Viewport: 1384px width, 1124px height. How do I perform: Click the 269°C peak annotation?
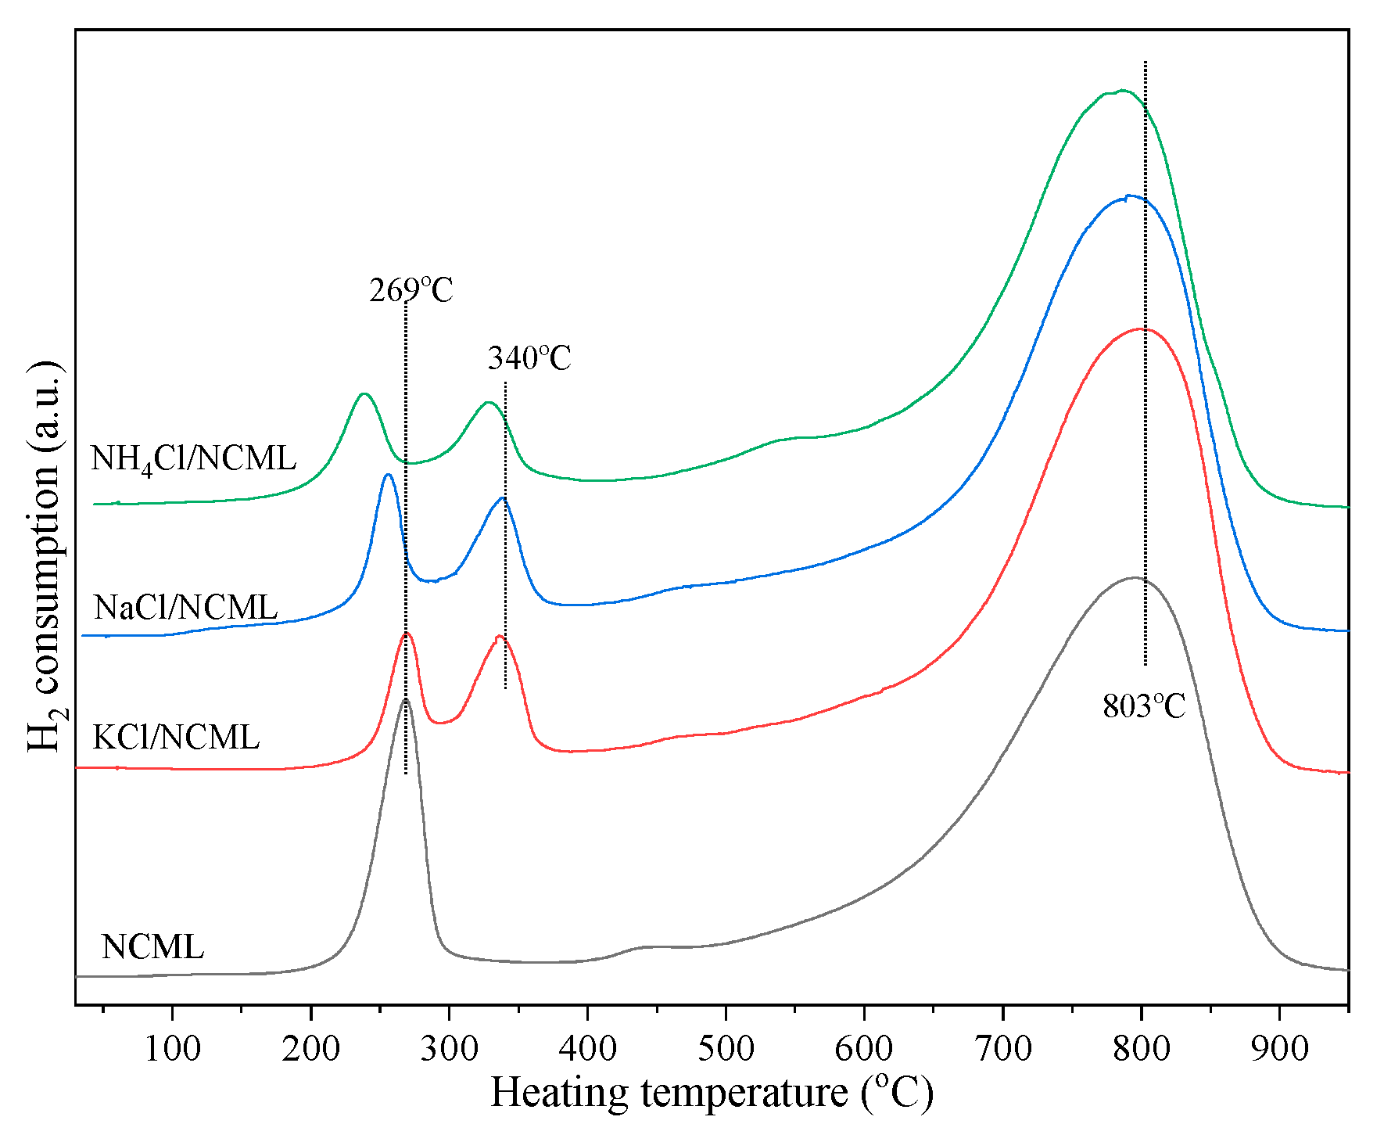pos(411,290)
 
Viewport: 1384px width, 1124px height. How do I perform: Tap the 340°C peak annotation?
pos(529,358)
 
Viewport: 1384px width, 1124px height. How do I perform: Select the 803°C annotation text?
pos(1144,706)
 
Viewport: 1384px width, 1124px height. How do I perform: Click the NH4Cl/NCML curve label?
pos(193,458)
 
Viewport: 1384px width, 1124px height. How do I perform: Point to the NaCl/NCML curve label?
pos(185,608)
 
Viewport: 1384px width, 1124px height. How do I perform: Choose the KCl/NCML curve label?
pos(176,738)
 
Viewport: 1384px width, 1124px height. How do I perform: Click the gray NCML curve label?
pos(152,947)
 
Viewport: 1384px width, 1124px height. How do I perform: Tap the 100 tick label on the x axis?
pos(172,1049)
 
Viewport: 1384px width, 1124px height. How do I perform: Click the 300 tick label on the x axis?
pos(449,1049)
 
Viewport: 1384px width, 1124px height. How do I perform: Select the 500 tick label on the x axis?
pos(726,1049)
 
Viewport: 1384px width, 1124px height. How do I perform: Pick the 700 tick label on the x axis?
pos(1003,1049)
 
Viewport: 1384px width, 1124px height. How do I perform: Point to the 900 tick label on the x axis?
pos(1279,1049)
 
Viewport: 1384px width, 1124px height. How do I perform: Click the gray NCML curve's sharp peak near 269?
pos(405,700)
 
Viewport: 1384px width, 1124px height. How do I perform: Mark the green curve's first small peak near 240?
pos(364,393)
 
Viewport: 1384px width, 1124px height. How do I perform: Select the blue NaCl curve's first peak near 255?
pos(388,474)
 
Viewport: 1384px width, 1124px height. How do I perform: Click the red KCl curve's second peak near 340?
pos(500,637)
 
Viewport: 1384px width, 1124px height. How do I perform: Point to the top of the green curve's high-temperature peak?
pos(1121,91)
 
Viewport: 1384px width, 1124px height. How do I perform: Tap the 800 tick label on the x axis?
pos(1142,1049)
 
